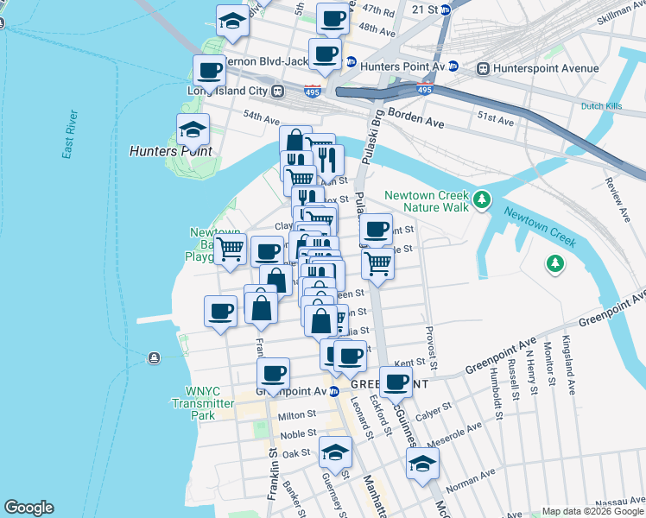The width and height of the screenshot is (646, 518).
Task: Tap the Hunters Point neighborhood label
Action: tap(170, 150)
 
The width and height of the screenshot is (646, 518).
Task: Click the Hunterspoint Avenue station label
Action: tap(545, 68)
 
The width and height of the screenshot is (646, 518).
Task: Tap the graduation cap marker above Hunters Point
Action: tap(193, 131)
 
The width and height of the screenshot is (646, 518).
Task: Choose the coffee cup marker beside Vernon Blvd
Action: tap(208, 71)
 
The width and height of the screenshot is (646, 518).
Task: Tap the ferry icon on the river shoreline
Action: tap(154, 357)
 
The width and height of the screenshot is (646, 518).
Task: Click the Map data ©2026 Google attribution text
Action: tap(592, 511)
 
